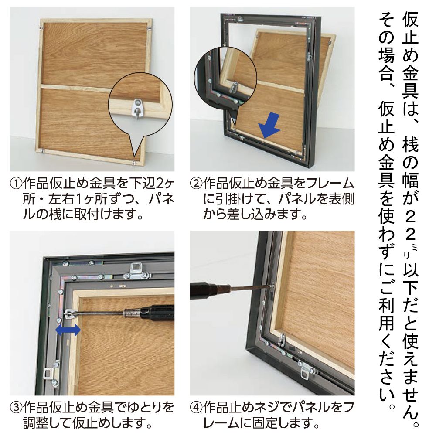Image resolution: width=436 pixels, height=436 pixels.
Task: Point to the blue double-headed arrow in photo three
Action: [68, 330]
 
